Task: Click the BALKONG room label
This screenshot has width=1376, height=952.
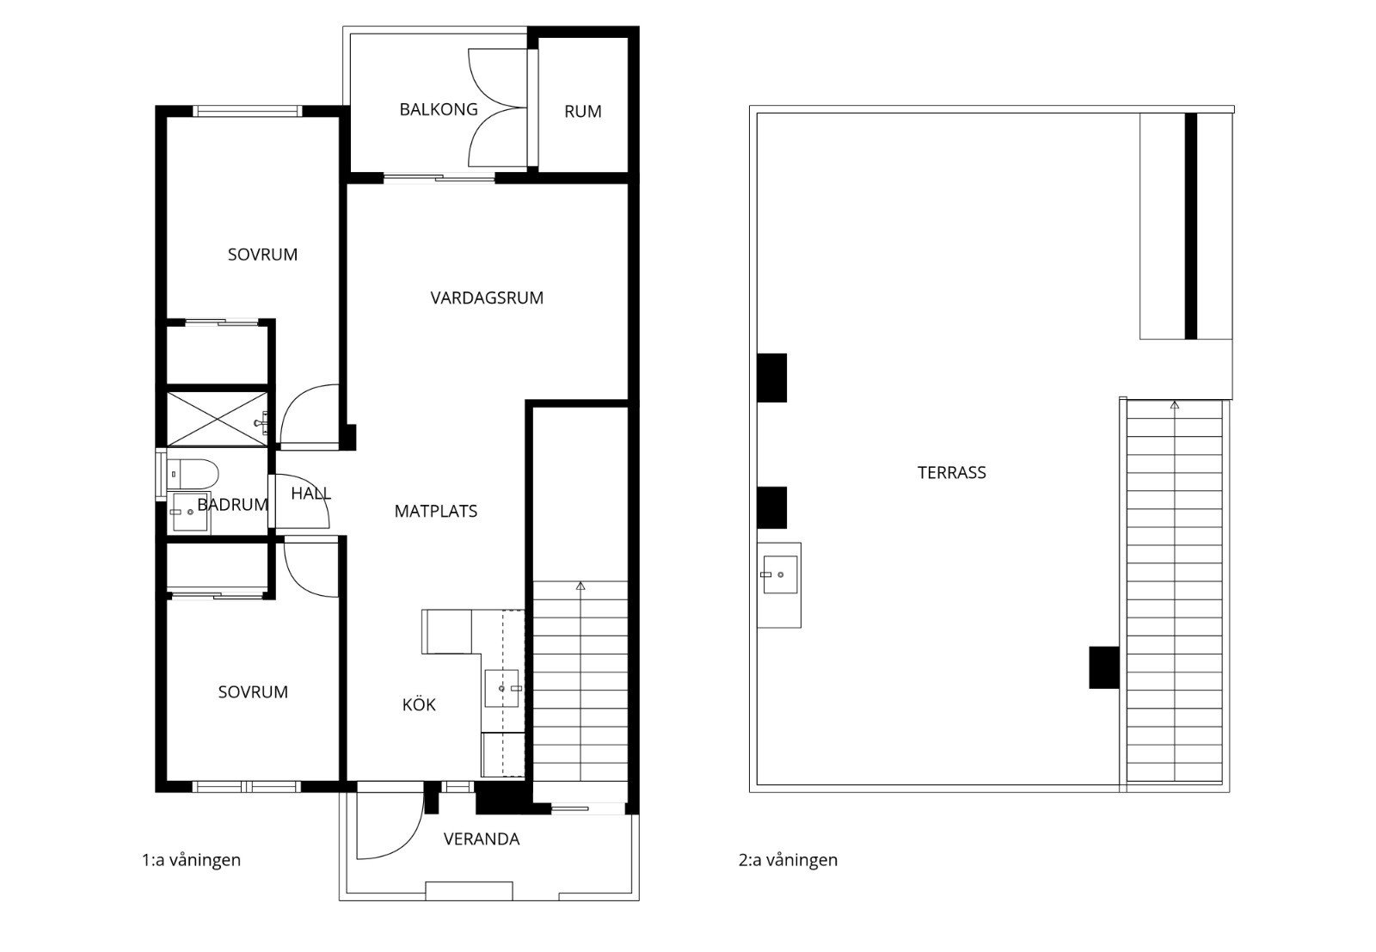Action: (x=438, y=109)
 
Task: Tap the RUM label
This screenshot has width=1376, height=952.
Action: (x=582, y=112)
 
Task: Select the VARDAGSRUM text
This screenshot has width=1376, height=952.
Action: (x=487, y=298)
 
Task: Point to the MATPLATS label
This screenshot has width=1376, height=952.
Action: (x=435, y=511)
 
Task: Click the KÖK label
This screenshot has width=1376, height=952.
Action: (x=419, y=703)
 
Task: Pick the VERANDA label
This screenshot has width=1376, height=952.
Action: (x=482, y=839)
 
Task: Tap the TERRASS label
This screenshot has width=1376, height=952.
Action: (x=951, y=472)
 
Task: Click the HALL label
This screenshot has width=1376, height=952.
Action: (x=310, y=493)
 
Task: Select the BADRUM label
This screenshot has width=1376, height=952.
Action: (x=233, y=505)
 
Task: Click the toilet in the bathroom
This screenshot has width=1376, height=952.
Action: (x=193, y=474)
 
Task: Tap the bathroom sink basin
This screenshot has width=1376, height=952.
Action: (x=190, y=512)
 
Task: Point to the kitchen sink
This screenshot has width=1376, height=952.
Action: (x=502, y=689)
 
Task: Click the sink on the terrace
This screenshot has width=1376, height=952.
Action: (x=780, y=574)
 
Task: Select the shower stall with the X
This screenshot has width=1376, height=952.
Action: (x=217, y=418)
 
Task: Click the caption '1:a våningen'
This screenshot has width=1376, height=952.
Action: (x=191, y=860)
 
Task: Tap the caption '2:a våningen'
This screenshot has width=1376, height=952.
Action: (x=788, y=860)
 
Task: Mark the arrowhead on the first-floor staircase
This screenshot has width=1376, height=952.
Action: (x=580, y=586)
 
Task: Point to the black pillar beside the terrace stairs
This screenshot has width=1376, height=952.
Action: (x=1104, y=667)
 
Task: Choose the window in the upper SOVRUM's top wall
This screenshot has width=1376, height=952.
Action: (x=247, y=111)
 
